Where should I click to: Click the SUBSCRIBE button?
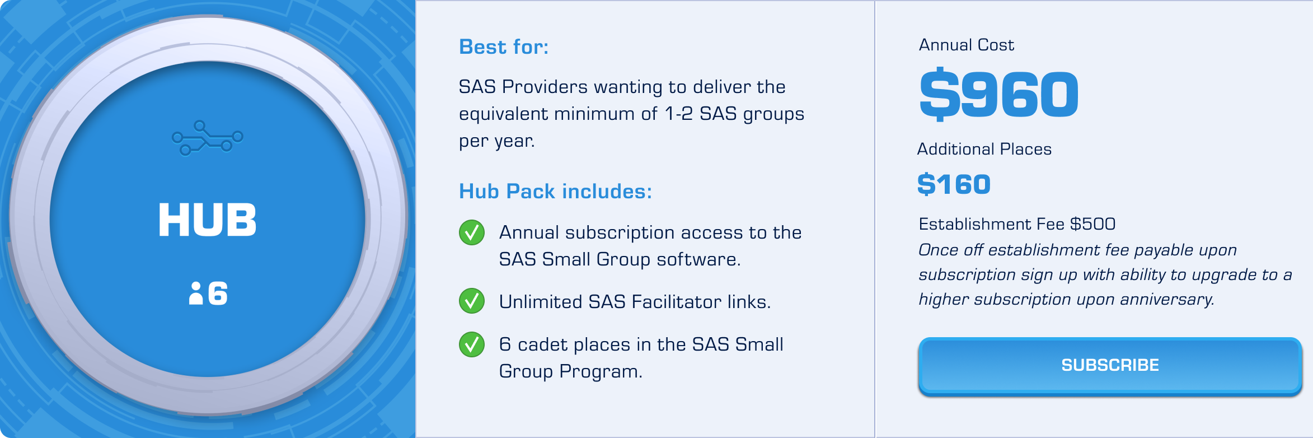tap(1110, 366)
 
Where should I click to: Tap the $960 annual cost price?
tap(999, 94)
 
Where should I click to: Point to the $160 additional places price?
tap(954, 184)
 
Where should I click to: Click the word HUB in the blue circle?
tap(208, 220)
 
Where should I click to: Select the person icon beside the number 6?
tap(196, 293)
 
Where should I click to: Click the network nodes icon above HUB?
tap(208, 138)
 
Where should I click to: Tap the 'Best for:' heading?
tap(504, 47)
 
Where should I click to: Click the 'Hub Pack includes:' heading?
tap(555, 192)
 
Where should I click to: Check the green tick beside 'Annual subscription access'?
tap(472, 232)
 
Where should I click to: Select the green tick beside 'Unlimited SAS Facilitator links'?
tap(472, 301)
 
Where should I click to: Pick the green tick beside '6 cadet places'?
tap(472, 344)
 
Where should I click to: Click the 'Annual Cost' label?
tap(967, 45)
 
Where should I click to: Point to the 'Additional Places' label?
tap(984, 149)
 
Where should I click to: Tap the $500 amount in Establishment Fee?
tap(1092, 224)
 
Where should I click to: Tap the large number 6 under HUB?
tap(218, 293)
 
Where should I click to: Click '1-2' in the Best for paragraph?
tap(678, 114)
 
